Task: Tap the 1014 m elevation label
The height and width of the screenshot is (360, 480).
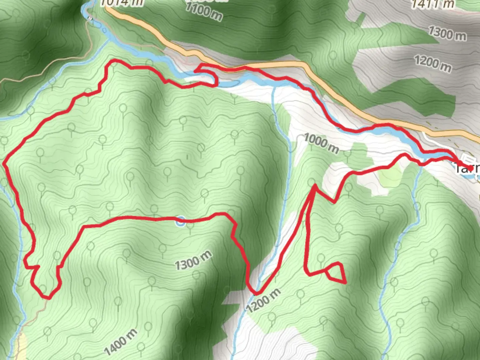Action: [x=122, y=3]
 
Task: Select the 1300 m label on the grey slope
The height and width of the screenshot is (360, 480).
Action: [x=447, y=33]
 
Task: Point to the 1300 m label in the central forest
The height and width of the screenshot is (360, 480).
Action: [x=193, y=260]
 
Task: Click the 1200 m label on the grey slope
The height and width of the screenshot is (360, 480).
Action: [x=433, y=63]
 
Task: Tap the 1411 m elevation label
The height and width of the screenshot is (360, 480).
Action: [x=433, y=4]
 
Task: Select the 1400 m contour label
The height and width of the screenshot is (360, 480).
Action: [x=120, y=342]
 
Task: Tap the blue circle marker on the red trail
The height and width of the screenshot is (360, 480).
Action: [x=180, y=221]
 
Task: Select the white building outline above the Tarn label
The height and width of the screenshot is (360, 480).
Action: [x=467, y=159]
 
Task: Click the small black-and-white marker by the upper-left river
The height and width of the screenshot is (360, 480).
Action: [x=90, y=19]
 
